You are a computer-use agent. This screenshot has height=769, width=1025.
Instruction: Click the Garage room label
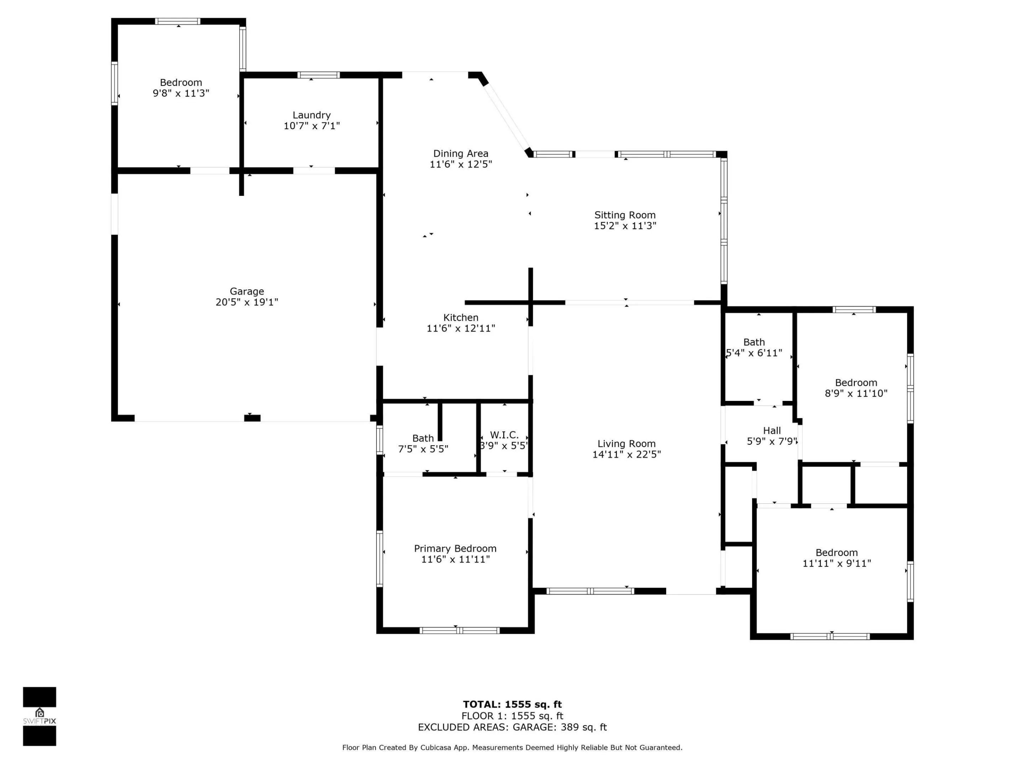(x=247, y=292)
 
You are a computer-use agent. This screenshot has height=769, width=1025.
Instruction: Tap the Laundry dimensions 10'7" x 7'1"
(x=311, y=126)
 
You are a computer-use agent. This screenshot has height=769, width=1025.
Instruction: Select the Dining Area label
(x=461, y=154)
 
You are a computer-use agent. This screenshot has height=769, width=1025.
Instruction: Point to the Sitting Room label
(x=625, y=215)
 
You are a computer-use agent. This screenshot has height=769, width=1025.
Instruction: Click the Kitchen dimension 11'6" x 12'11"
(x=461, y=329)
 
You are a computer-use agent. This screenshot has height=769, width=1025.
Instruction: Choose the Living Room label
(x=626, y=444)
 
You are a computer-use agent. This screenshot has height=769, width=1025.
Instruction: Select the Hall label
(x=772, y=431)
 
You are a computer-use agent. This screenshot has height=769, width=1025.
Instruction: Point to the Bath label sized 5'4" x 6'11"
(x=754, y=342)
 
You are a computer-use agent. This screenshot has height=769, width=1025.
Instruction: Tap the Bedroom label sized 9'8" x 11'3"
(x=181, y=83)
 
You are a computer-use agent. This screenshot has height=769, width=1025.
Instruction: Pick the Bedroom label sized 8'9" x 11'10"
(x=856, y=383)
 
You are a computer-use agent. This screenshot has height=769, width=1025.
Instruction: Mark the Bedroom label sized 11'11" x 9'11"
(x=836, y=553)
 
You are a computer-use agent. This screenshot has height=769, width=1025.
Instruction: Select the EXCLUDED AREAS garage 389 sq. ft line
(x=512, y=727)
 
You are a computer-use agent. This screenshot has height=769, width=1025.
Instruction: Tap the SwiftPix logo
(x=40, y=716)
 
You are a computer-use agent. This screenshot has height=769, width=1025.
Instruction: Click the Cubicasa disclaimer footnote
(x=512, y=748)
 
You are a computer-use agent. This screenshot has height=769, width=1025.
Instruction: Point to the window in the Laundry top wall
(x=318, y=75)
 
